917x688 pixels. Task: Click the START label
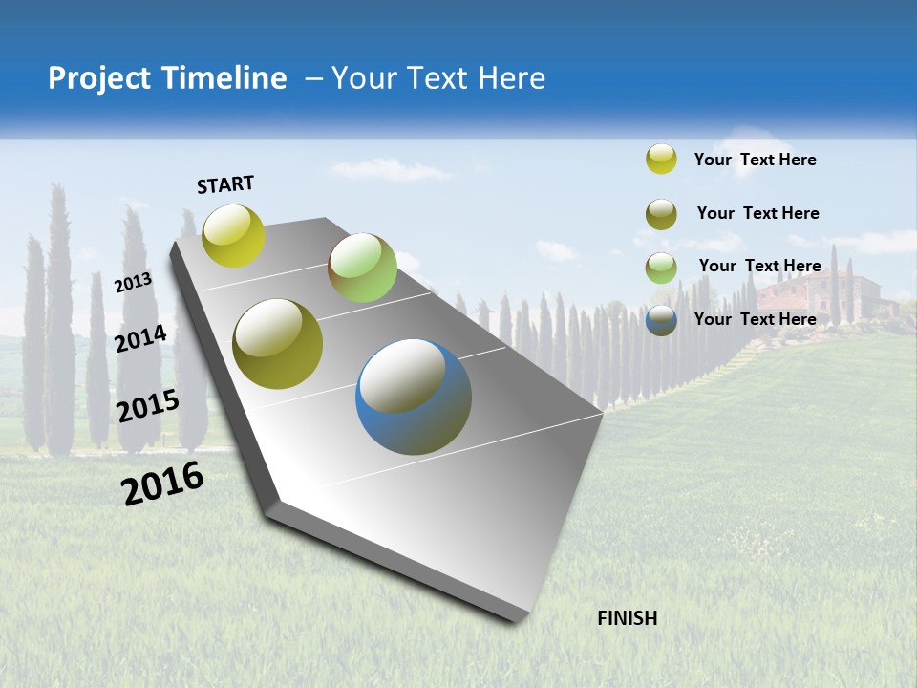(225, 184)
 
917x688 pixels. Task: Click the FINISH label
(627, 618)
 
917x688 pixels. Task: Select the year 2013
(134, 283)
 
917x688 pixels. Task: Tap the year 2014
(141, 338)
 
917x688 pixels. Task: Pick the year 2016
(162, 484)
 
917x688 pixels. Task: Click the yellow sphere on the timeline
(233, 235)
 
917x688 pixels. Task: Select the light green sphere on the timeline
(362, 268)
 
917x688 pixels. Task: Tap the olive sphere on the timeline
(278, 344)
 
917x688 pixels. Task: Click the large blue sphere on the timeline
(414, 397)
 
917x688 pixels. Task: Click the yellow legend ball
(661, 160)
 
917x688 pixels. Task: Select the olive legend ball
(661, 214)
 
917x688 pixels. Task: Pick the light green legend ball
(661, 268)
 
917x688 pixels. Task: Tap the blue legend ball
(661, 321)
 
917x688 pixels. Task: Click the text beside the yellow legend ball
(755, 160)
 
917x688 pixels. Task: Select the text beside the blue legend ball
(755, 319)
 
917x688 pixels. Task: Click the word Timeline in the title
(216, 78)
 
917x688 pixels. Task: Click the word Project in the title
(95, 78)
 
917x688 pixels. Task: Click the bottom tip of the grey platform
(516, 619)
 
